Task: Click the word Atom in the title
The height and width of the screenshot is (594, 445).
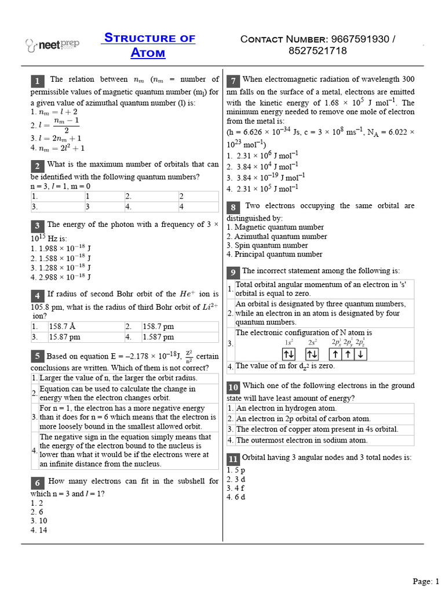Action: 149,53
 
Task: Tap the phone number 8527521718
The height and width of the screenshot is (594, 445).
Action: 318,51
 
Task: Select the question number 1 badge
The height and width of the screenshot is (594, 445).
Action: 37,81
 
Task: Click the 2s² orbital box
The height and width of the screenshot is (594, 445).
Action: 312,354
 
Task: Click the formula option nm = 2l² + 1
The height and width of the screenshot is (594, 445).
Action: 58,147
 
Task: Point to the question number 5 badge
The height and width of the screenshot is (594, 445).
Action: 37,356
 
